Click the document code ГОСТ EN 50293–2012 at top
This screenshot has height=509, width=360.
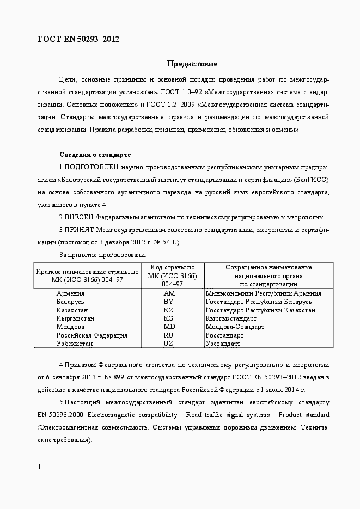click(x=78, y=39)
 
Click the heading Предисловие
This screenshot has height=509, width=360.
click(x=192, y=64)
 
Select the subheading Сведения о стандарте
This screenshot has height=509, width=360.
click(x=95, y=155)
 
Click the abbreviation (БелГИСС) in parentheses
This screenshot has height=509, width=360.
click(x=311, y=179)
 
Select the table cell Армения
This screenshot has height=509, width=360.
click(x=70, y=293)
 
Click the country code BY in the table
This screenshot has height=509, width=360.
click(x=168, y=302)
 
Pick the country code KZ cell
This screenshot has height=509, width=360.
click(x=168, y=310)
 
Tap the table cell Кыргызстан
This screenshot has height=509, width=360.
click(x=75, y=318)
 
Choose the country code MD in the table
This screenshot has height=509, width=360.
click(x=169, y=327)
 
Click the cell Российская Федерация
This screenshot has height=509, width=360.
click(x=91, y=335)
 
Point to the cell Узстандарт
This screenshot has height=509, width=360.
click(x=223, y=344)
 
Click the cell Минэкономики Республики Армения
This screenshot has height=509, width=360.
click(x=263, y=293)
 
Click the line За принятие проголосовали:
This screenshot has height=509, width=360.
click(x=102, y=254)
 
